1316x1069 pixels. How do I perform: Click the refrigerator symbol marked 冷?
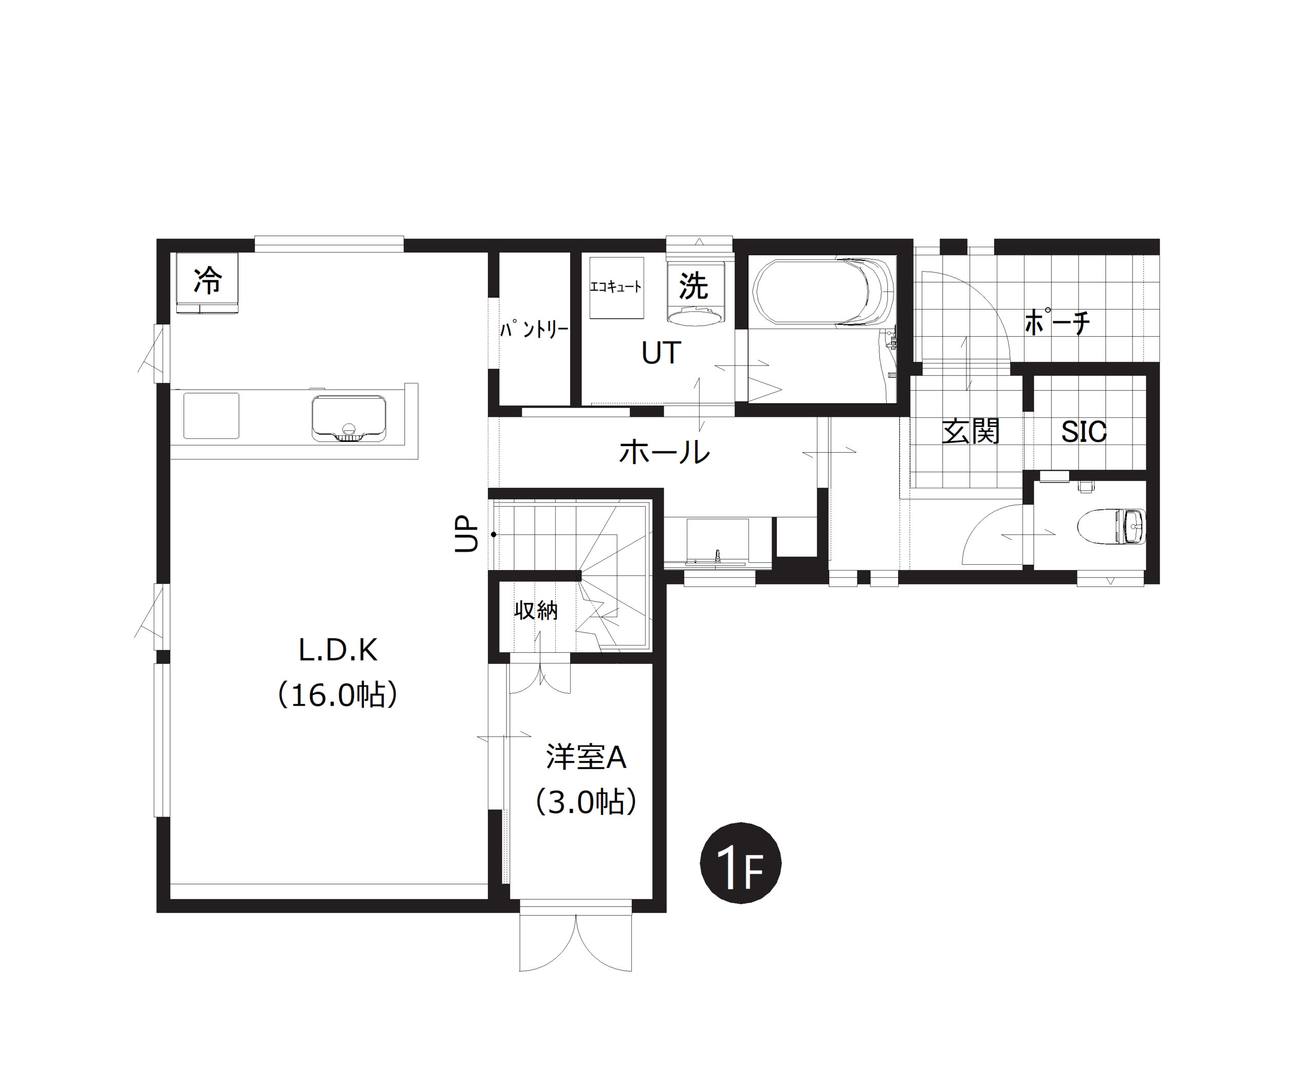[207, 282]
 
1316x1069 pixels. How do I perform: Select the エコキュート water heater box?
[616, 288]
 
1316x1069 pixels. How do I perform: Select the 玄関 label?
[970, 431]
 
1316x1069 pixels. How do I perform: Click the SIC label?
[1084, 432]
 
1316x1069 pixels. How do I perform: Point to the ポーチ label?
[1057, 321]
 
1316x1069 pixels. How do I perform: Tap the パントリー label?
[534, 329]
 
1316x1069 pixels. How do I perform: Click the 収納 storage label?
[536, 610]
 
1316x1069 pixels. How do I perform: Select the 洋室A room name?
[586, 757]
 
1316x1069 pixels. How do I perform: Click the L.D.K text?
[338, 650]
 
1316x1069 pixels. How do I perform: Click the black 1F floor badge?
[740, 863]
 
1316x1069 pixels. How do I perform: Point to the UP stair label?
[466, 533]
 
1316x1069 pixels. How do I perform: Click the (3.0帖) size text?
[586, 802]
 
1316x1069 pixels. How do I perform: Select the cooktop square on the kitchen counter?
[211, 416]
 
